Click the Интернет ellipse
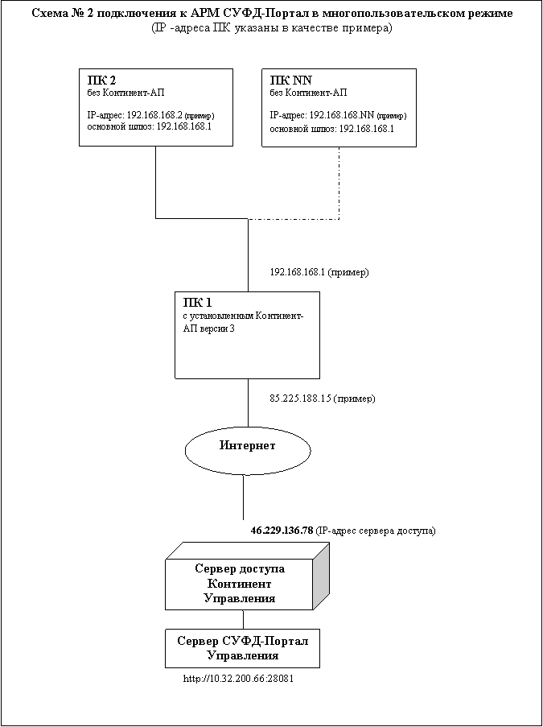[248, 450]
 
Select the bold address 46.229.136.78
[282, 530]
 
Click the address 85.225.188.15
[300, 399]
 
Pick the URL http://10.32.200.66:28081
[239, 679]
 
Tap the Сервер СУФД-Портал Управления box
[242, 648]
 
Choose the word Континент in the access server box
[240, 583]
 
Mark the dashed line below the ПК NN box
[339, 183]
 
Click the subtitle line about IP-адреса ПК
[272, 28]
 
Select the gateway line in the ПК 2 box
[149, 126]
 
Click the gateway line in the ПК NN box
[331, 129]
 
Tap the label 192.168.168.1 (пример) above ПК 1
[319, 273]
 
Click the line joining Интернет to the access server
[243, 497]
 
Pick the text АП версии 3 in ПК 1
[205, 328]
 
